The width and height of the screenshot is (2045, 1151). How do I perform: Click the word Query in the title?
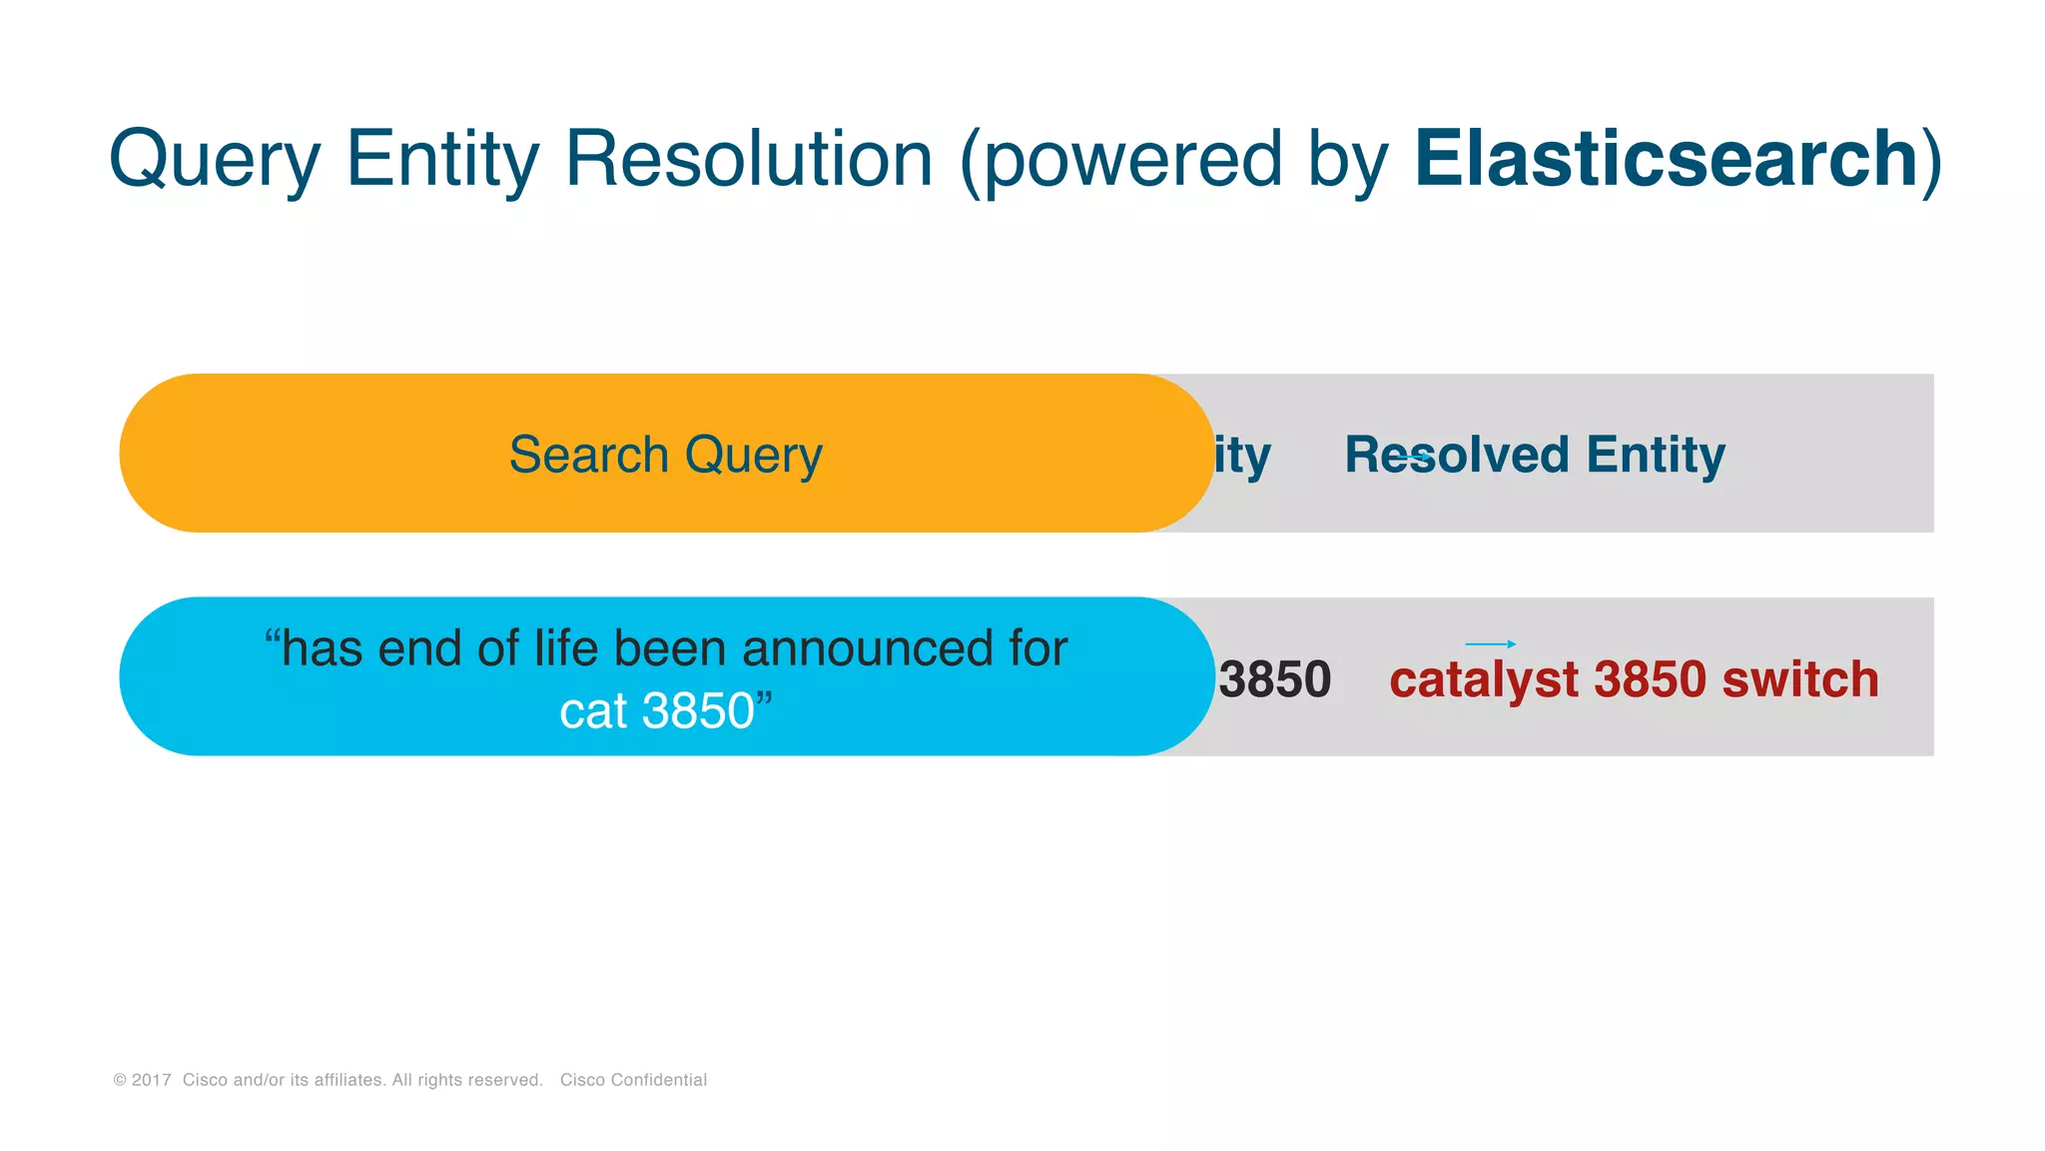[x=214, y=160]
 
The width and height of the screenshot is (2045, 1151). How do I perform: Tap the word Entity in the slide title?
[x=442, y=160]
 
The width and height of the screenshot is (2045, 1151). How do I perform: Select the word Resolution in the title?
[x=749, y=160]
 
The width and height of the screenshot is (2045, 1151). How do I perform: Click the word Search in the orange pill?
[x=588, y=455]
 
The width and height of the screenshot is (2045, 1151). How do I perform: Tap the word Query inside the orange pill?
[x=754, y=457]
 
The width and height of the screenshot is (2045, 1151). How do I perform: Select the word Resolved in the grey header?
[x=1456, y=455]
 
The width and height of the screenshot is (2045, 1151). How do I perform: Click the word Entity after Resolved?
[x=1656, y=455]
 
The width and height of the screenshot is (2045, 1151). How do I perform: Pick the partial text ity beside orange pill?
[x=1242, y=457]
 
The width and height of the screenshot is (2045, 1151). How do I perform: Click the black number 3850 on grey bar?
[x=1275, y=679]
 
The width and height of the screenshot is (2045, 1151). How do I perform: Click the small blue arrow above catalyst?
[x=1491, y=644]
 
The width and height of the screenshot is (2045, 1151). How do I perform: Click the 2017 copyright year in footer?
[x=151, y=1080]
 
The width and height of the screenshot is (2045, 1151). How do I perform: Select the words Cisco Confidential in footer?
[x=633, y=1080]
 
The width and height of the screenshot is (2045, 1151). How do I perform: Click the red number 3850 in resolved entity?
[x=1650, y=679]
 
